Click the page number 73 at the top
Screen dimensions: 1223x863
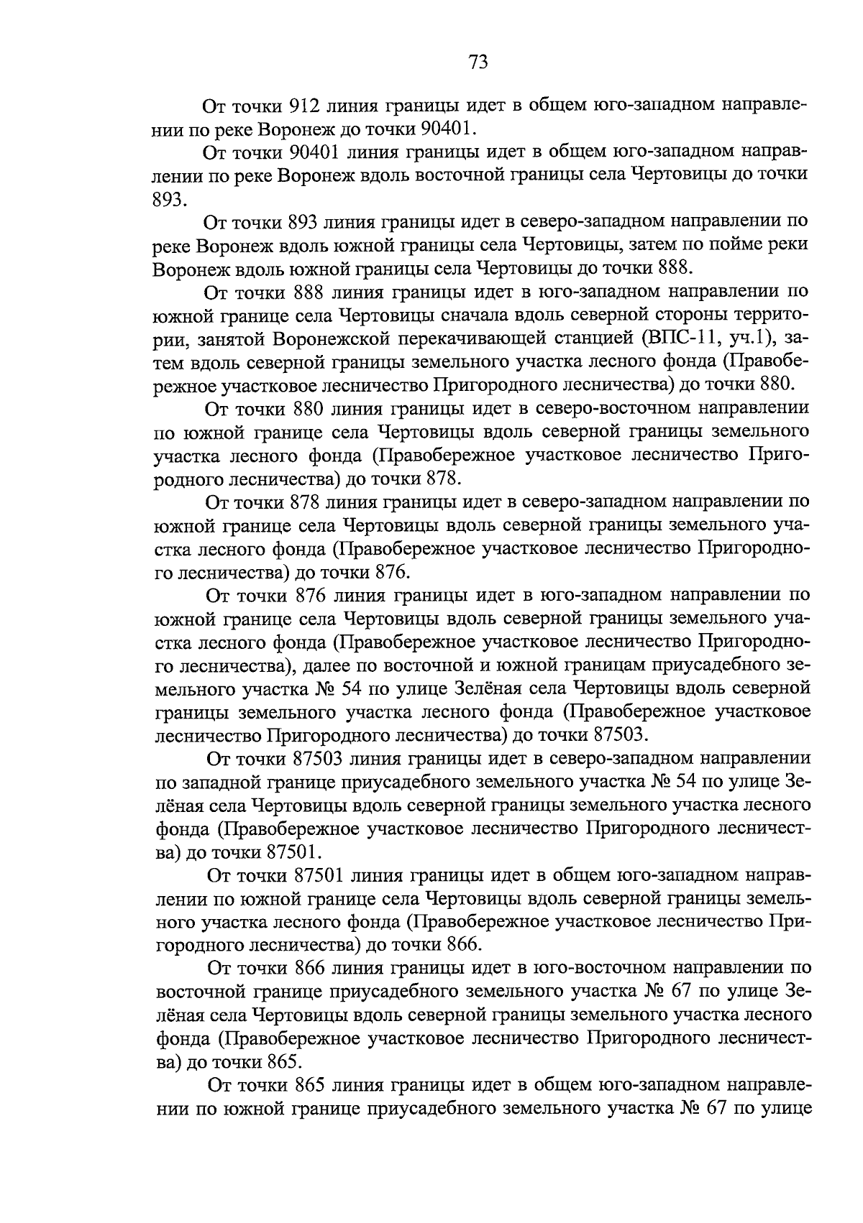(x=478, y=63)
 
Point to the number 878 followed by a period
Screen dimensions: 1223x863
(x=442, y=479)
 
